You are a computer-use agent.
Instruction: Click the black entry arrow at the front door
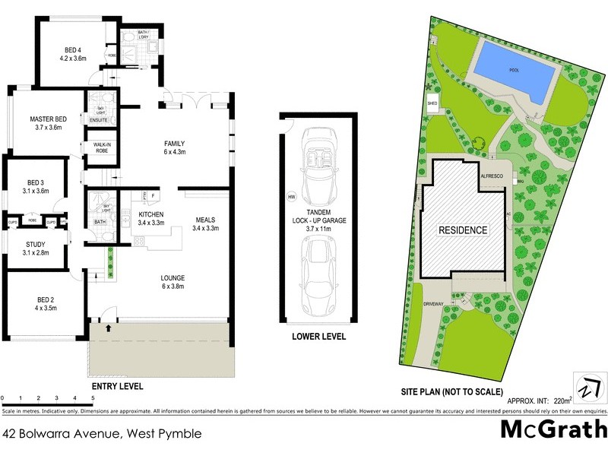tap(108, 328)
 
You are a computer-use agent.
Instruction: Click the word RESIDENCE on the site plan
tap(463, 229)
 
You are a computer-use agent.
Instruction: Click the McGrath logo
tap(553, 429)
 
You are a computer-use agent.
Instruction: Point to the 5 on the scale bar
tap(93, 397)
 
